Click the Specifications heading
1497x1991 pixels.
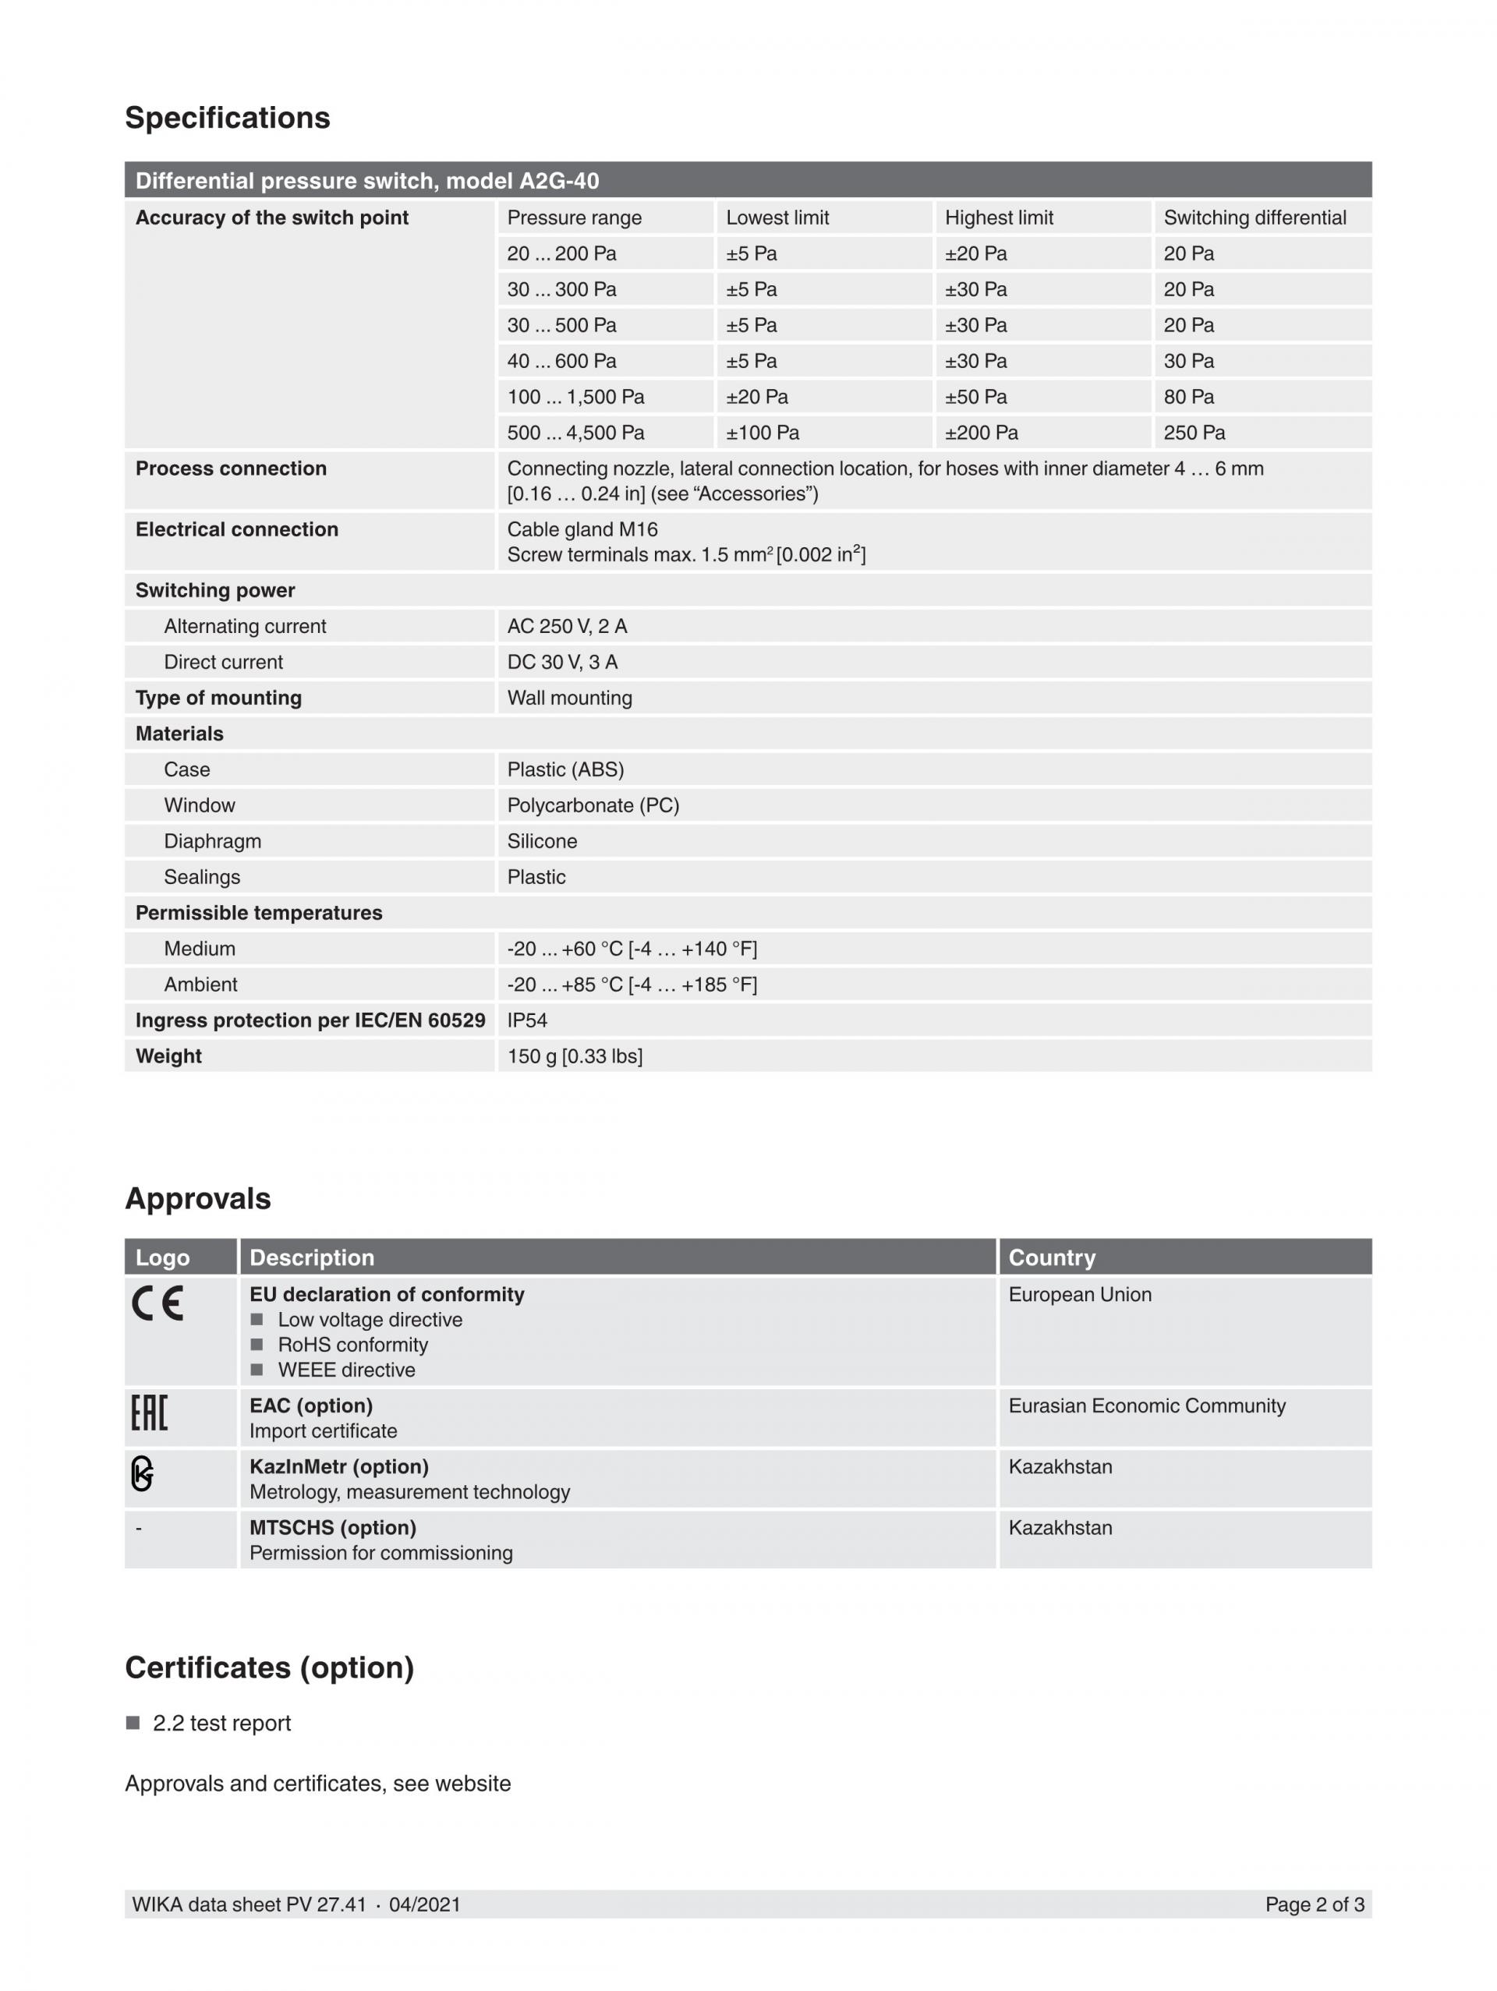click(x=227, y=118)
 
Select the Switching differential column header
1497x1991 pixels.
click(x=1254, y=217)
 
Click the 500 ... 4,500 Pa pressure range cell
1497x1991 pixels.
click(x=575, y=433)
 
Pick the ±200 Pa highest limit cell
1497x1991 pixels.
click(x=981, y=433)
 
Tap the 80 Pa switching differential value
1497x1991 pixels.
click(x=1188, y=397)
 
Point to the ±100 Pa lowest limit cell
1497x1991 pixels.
click(x=763, y=433)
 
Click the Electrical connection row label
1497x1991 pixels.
click(x=237, y=529)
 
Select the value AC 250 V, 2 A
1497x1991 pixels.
click(x=567, y=627)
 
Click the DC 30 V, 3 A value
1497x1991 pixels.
click(x=563, y=663)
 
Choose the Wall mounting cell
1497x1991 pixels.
click(x=570, y=698)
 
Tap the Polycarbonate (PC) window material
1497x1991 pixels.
click(x=593, y=805)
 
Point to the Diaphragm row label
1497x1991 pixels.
click(x=212, y=842)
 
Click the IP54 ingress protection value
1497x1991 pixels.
click(x=528, y=1020)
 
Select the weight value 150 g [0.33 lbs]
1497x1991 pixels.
click(x=575, y=1057)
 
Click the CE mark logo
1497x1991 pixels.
click(x=158, y=1303)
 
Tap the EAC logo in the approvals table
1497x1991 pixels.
click(x=150, y=1413)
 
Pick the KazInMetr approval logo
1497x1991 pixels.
click(x=142, y=1473)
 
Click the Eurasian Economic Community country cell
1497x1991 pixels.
click(x=1146, y=1406)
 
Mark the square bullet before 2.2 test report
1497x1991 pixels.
click(x=133, y=1723)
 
